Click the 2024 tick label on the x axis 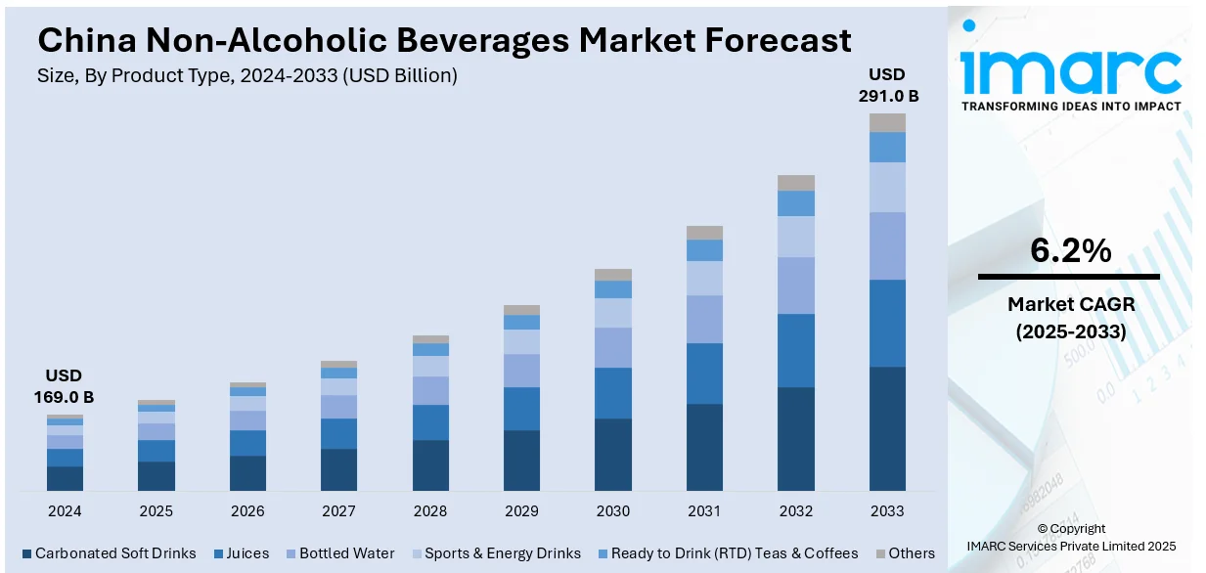point(65,511)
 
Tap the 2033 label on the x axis point(887,511)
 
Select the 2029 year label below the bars point(521,511)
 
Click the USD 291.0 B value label point(887,85)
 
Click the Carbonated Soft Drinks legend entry point(109,553)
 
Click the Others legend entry point(905,553)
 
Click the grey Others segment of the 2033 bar point(887,122)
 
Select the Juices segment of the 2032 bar point(796,350)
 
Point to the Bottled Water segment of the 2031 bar point(704,319)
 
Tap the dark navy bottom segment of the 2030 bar point(613,455)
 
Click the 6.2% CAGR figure point(1070,252)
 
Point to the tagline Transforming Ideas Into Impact point(1070,106)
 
